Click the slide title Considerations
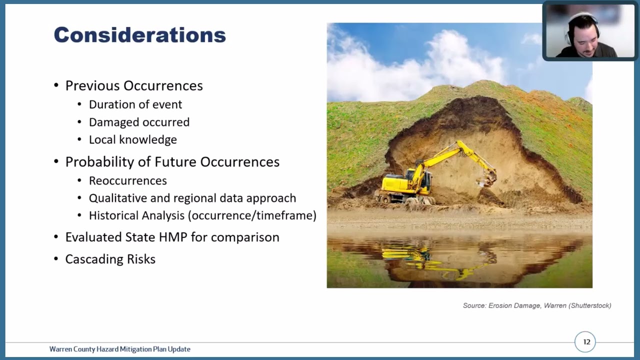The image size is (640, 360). point(139,35)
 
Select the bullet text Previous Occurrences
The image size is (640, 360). point(134,86)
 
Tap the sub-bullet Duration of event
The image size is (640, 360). point(135,104)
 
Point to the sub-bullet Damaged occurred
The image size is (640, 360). point(139,122)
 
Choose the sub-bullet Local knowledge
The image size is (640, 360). point(132,140)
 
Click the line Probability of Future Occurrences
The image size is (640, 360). point(172,162)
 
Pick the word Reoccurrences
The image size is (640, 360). point(127,180)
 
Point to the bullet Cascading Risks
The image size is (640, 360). point(110,259)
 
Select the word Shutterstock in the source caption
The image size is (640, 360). point(590,305)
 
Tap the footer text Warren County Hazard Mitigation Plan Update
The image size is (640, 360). point(119,349)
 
